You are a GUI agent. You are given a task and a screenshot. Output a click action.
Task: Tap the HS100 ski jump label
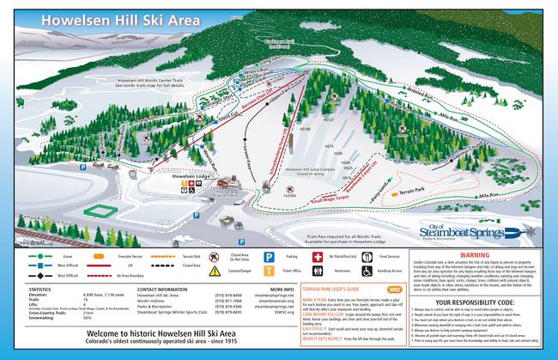coord(305,129)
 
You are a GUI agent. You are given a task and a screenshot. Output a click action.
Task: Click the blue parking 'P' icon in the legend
coord(268,256)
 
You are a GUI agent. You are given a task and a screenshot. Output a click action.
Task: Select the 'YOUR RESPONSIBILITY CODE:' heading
coord(487,302)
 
